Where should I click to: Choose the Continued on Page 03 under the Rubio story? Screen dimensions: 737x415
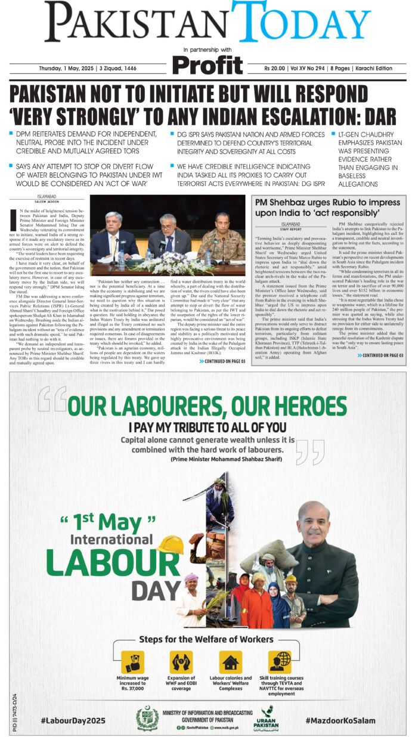pyautogui.click(x=380, y=355)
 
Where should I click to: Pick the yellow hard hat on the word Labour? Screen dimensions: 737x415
pyautogui.click(x=169, y=544)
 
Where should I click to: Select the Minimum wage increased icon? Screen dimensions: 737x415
pyautogui.click(x=132, y=662)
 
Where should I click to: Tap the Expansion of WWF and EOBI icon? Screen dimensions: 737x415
pyautogui.click(x=181, y=662)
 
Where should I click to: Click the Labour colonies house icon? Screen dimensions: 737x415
pyautogui.click(x=230, y=662)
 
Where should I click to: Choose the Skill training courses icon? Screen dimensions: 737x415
pyautogui.click(x=279, y=662)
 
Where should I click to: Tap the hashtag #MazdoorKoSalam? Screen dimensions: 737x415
pyautogui.click(x=340, y=720)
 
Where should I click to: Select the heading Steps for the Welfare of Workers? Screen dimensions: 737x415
pyautogui.click(x=207, y=640)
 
